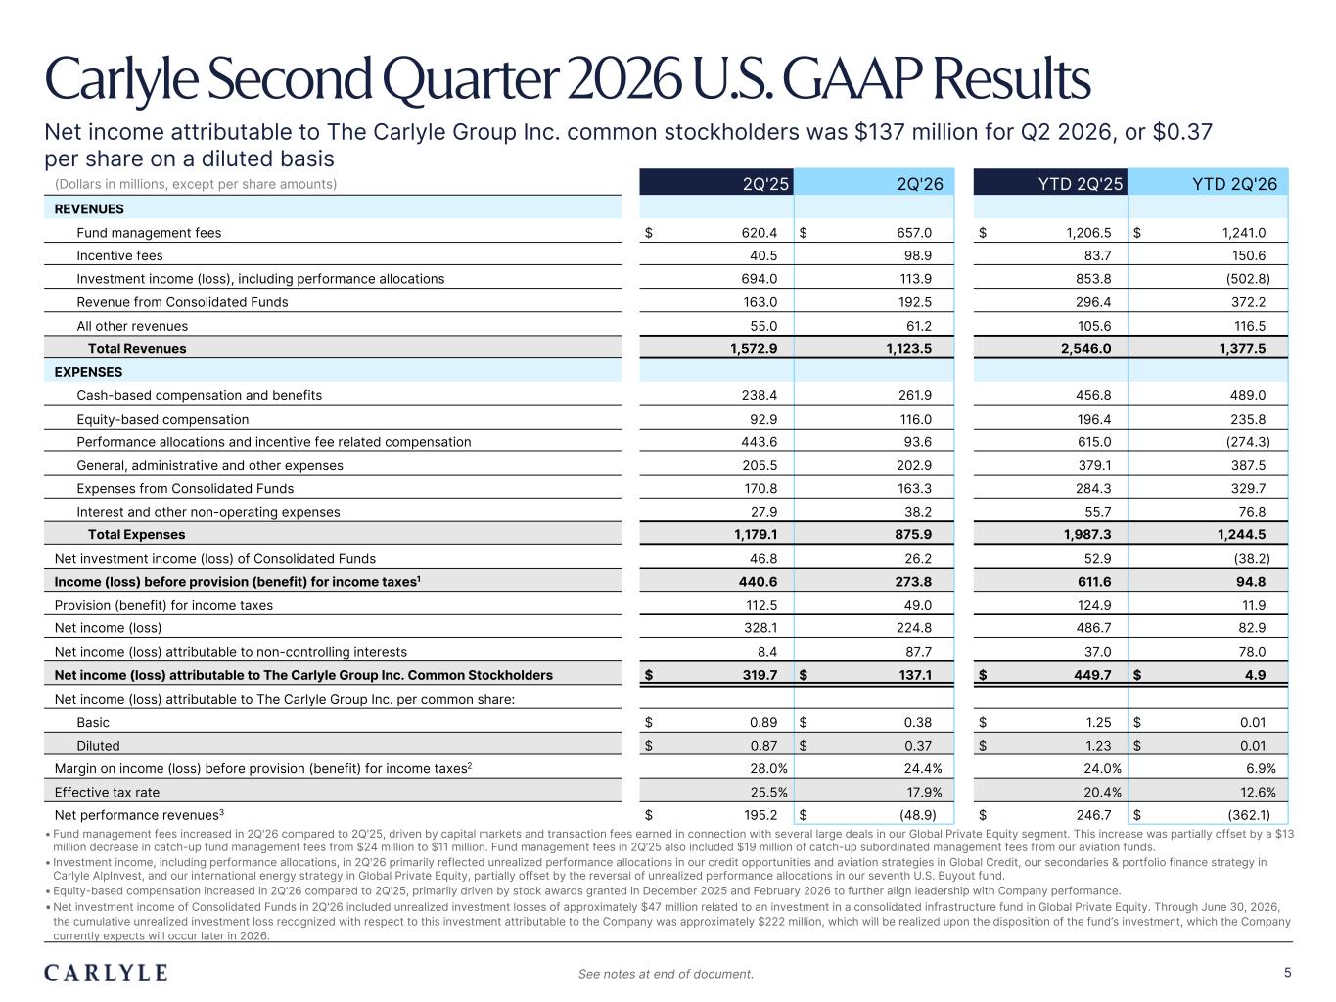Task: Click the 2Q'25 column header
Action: [765, 184]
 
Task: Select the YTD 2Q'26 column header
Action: [1234, 184]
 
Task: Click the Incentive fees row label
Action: [120, 255]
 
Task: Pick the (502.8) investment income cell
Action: [1248, 279]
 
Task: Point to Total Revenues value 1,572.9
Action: [754, 348]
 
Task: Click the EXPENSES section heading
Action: [88, 372]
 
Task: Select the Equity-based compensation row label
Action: [162, 419]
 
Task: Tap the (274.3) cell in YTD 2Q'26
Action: [1248, 442]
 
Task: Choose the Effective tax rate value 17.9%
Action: [924, 793]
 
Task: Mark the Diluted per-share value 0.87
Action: [763, 746]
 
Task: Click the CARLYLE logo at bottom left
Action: [106, 973]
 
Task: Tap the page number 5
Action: [1287, 973]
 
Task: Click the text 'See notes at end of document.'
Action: [666, 974]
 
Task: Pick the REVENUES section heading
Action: [89, 208]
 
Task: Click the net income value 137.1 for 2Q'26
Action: [915, 675]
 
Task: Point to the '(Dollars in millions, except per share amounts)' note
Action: [196, 184]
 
